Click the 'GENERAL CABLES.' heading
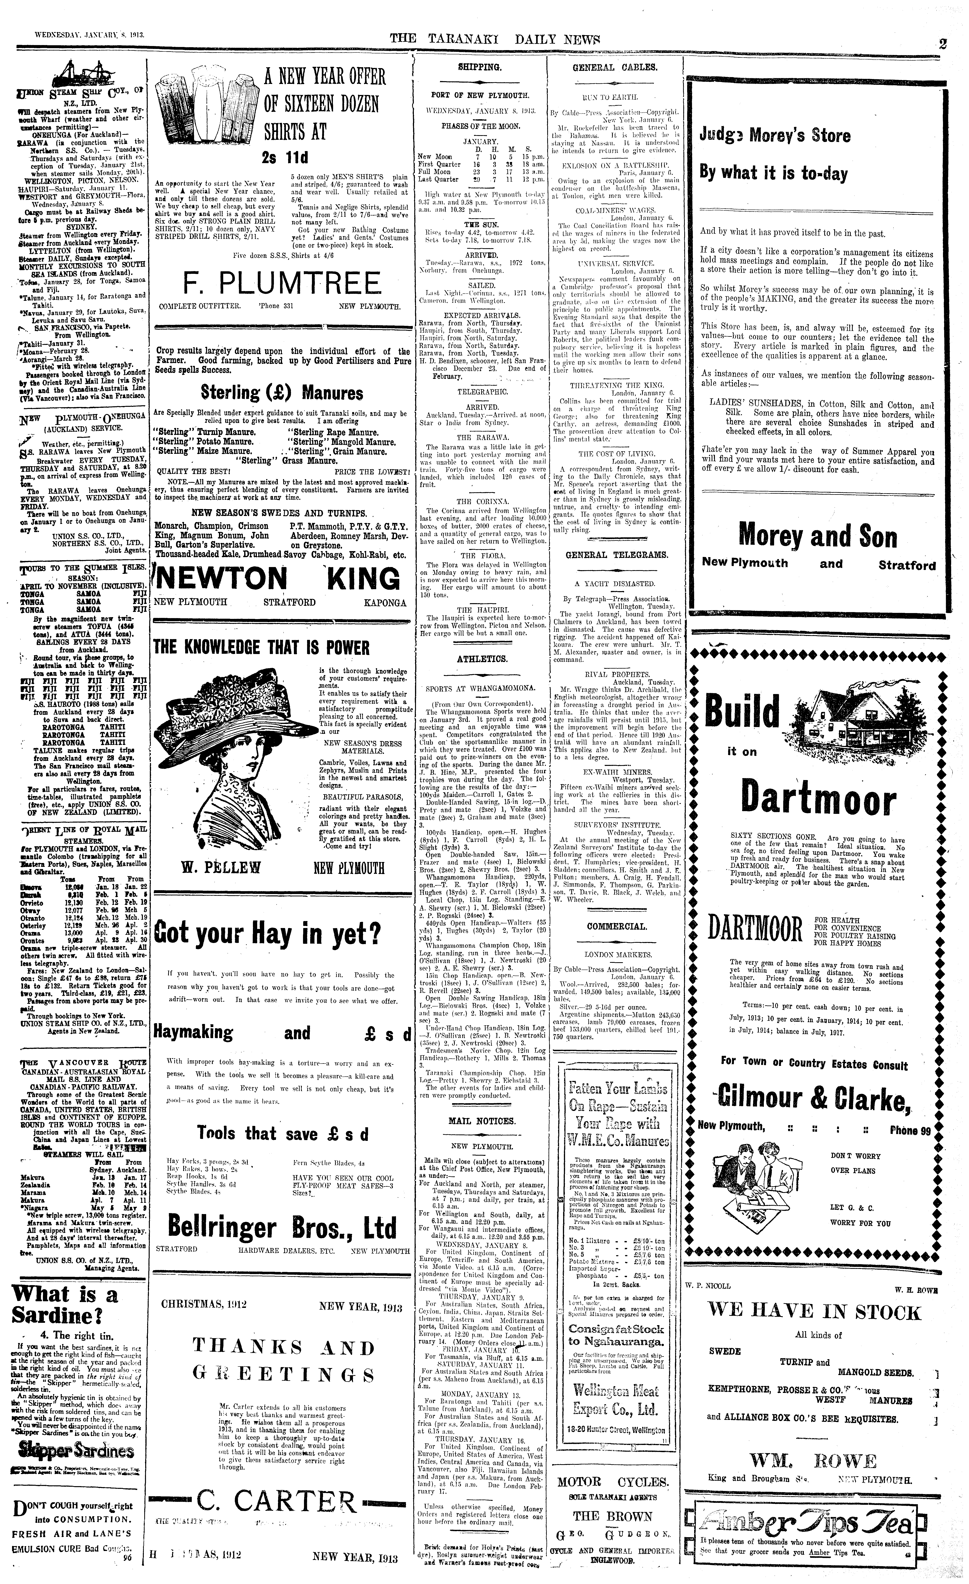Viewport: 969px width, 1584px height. click(614, 67)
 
